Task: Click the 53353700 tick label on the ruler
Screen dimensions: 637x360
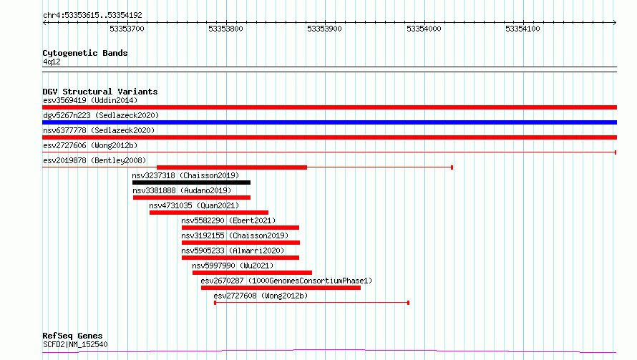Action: pos(127,29)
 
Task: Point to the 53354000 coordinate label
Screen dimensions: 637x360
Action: pos(424,29)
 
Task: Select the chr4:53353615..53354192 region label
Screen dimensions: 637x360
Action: pos(92,16)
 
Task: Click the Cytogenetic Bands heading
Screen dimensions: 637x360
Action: pos(85,53)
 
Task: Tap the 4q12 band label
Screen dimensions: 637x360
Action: pos(52,62)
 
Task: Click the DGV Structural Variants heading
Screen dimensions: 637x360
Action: pos(100,92)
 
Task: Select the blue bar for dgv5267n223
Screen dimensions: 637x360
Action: pos(329,122)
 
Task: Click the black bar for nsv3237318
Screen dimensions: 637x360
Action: pos(191,183)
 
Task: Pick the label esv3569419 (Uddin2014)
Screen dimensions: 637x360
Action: pos(90,100)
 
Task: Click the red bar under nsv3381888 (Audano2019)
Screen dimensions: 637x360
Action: pos(192,198)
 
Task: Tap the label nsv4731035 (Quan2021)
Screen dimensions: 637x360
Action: pos(194,205)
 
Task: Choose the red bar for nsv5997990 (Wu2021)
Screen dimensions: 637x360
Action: pos(252,273)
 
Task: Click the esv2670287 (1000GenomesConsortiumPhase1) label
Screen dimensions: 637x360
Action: pos(286,281)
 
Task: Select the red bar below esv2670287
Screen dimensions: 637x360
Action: pos(281,288)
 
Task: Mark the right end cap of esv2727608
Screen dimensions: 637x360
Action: pos(408,303)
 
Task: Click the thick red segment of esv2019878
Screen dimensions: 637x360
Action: pos(232,167)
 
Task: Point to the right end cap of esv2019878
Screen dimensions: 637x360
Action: pos(452,167)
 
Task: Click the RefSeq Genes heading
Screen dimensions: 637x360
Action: pos(72,336)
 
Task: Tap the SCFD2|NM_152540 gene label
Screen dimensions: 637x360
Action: pos(75,344)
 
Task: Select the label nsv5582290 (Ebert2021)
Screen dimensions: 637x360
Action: pos(228,220)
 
